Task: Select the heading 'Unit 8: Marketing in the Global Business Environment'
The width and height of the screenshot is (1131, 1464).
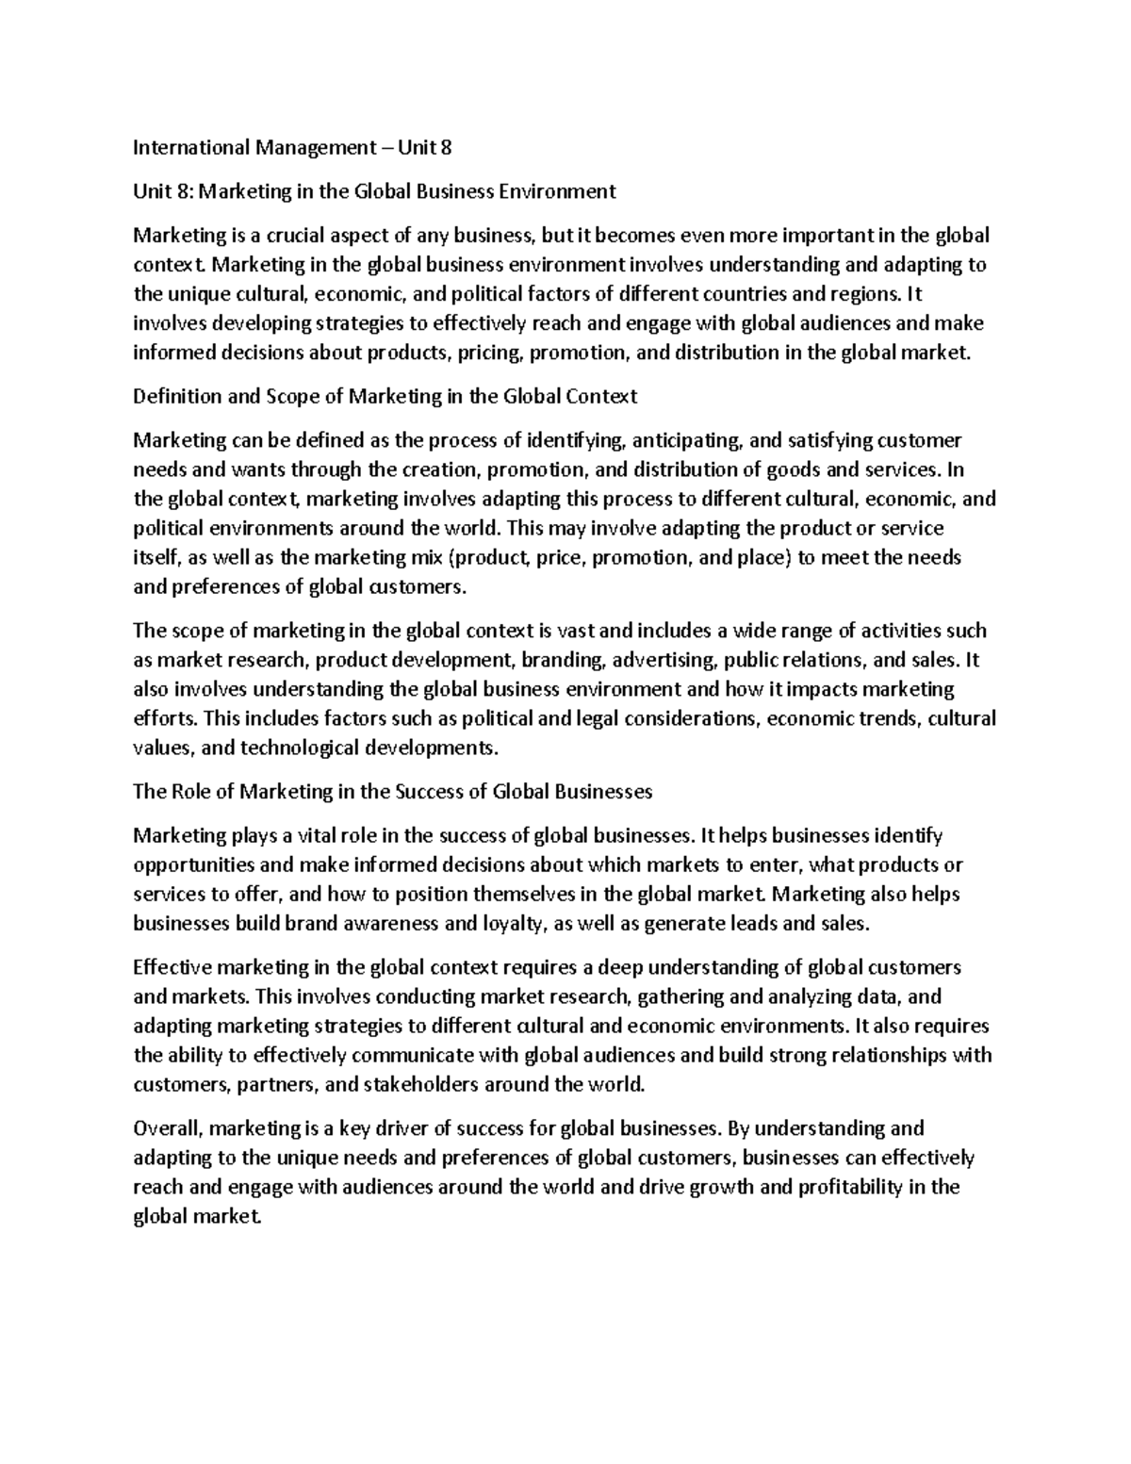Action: click(374, 191)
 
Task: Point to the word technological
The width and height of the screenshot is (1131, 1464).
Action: click(296, 748)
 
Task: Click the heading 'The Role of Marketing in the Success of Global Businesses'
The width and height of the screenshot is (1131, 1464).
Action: click(393, 791)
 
